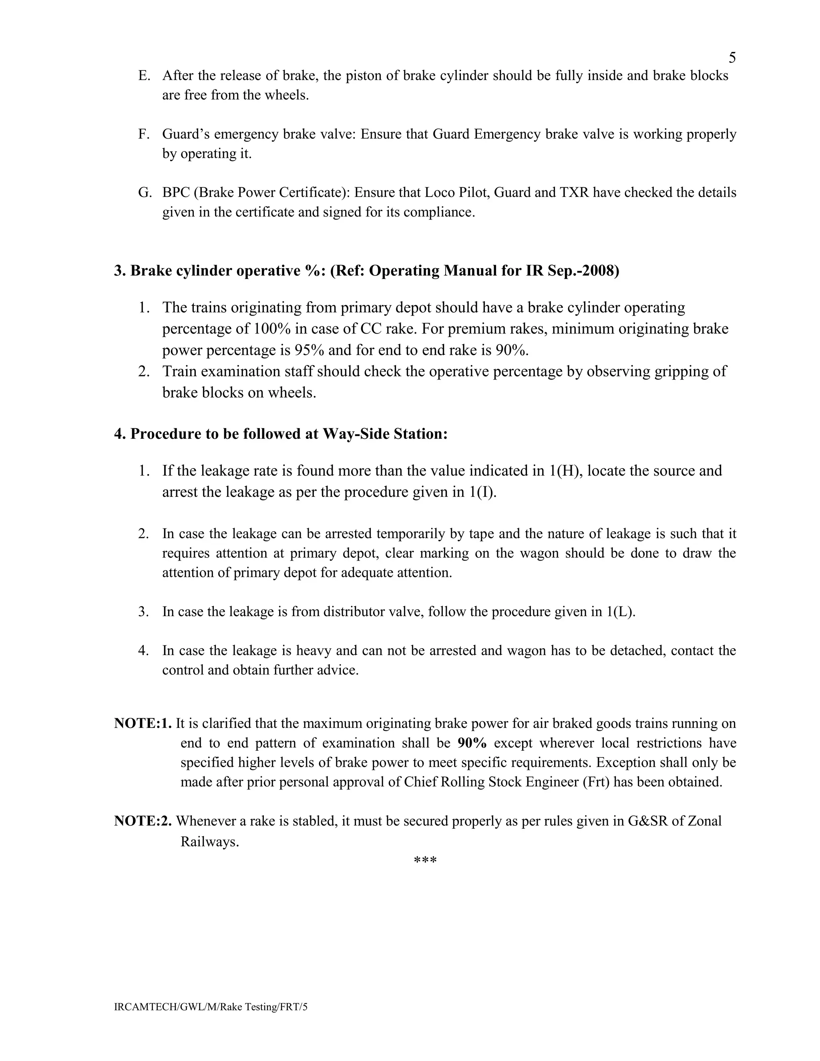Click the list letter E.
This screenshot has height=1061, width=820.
coord(143,76)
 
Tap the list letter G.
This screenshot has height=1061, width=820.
coord(144,193)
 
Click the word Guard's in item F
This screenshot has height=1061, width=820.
coord(186,134)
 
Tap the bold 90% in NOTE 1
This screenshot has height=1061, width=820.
coord(472,743)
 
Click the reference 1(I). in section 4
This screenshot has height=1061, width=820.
coord(482,492)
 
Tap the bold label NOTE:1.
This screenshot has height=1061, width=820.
coord(143,724)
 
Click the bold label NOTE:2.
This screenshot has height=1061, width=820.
coord(143,821)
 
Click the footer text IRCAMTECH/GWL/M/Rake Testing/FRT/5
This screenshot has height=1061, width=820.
coord(211,1007)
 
